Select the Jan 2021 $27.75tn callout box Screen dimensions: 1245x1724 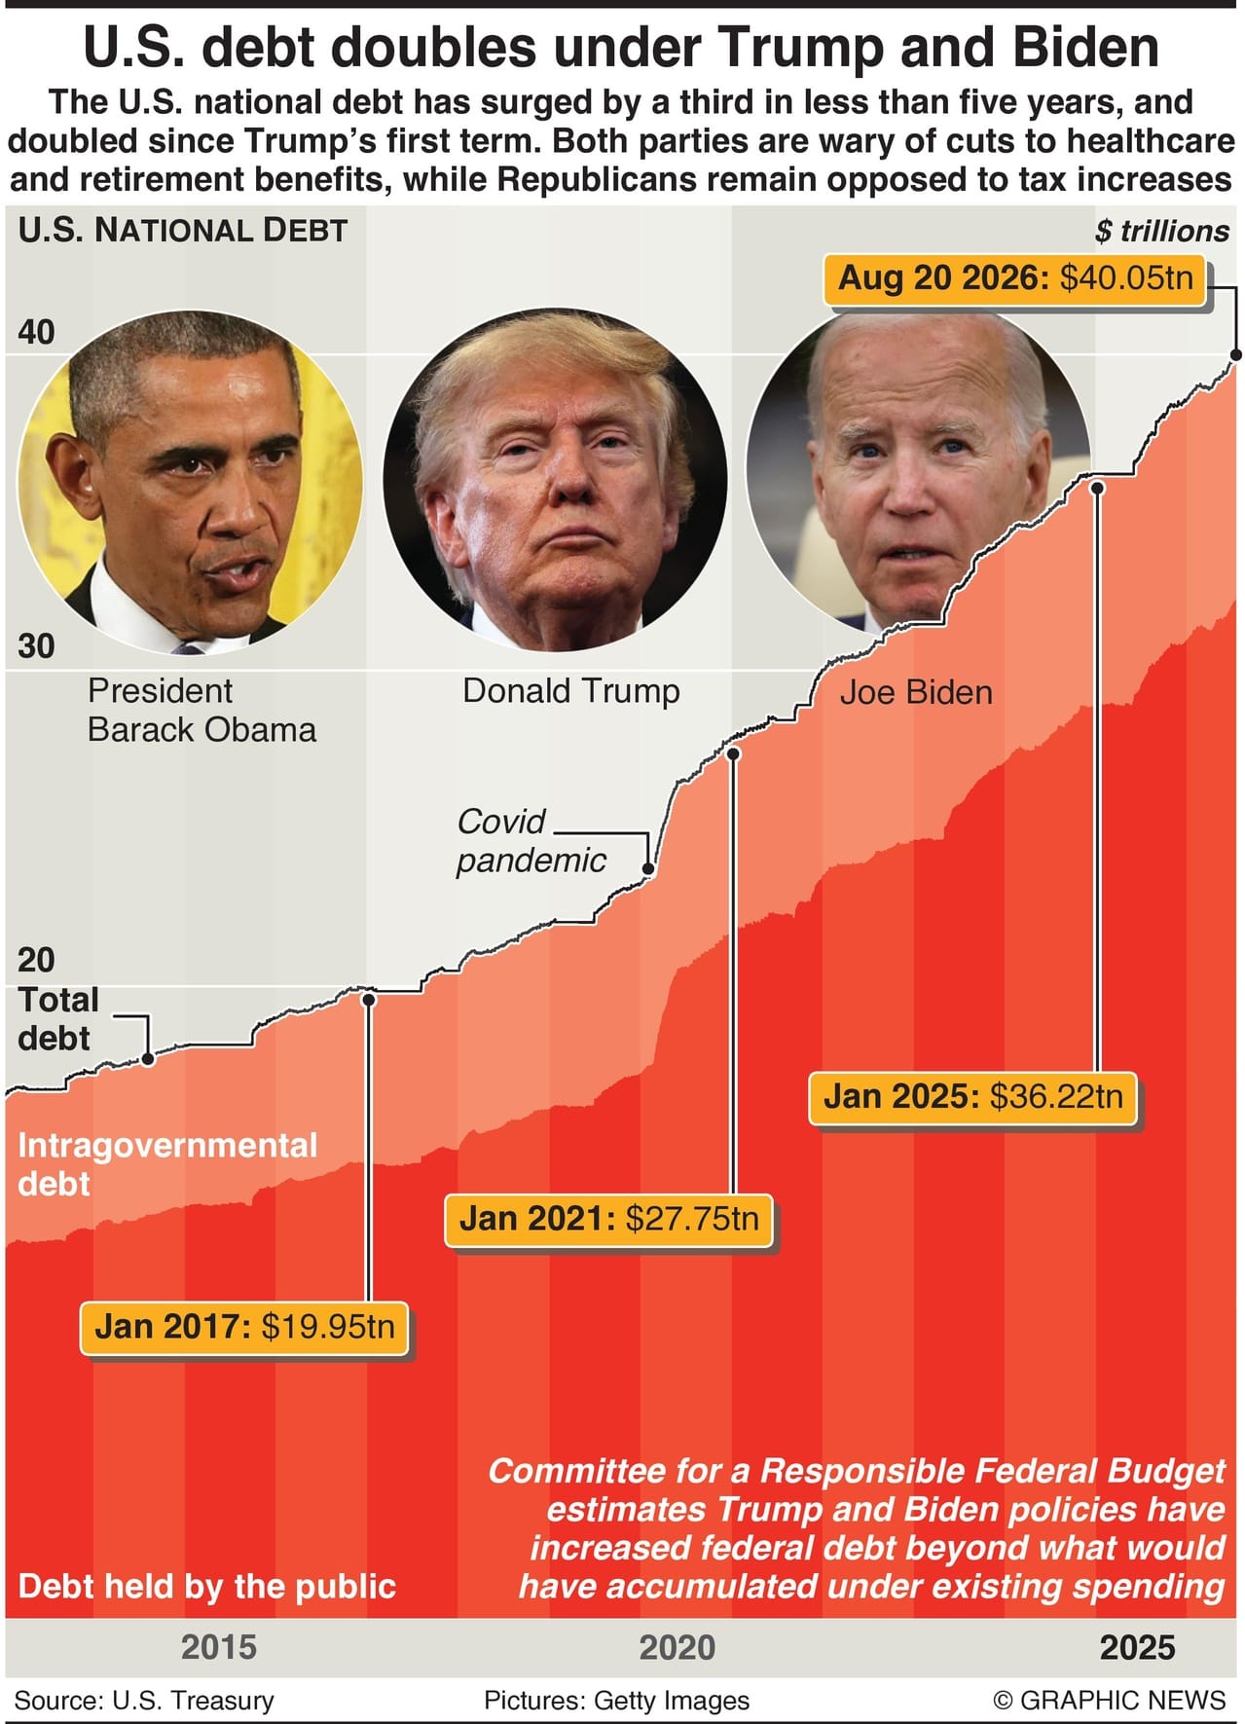pos(608,1219)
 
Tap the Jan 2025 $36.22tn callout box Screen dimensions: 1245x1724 pos(972,1097)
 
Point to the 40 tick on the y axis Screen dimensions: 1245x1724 pos(37,333)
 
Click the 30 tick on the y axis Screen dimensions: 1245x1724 pos(37,646)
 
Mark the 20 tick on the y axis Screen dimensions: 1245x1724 pos(37,961)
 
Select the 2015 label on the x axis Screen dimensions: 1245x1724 pos(219,1647)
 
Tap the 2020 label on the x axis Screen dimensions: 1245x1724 pos(677,1647)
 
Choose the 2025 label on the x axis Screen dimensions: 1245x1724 pos(1137,1647)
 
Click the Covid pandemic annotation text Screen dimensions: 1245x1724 pos(531,841)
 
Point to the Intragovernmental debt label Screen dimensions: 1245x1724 pos(167,1164)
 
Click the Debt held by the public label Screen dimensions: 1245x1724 pos(207,1587)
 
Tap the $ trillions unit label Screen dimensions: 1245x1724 pos(1161,232)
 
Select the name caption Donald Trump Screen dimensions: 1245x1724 pos(571,691)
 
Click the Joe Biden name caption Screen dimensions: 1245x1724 pos(916,692)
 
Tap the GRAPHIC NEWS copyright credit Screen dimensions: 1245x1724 pos(1110,1701)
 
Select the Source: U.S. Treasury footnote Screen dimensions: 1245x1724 pos(144,1701)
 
